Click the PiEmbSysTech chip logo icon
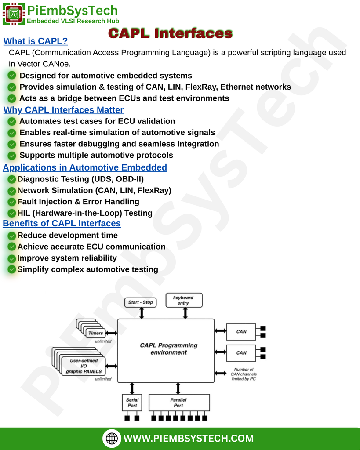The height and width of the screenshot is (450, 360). (x=14, y=14)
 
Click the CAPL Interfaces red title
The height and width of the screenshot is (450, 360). (x=170, y=33)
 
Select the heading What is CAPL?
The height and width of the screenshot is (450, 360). (x=36, y=41)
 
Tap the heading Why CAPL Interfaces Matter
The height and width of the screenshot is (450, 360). (x=63, y=110)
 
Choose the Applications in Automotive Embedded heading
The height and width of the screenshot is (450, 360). (x=85, y=167)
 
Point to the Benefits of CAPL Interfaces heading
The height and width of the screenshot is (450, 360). (x=62, y=223)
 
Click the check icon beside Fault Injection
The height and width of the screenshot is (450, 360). (x=12, y=202)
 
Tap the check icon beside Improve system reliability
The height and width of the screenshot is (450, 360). (x=12, y=258)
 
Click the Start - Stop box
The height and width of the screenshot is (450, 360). (x=141, y=302)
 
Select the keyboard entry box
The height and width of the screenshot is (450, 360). (x=183, y=300)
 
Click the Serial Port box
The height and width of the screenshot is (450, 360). (x=132, y=403)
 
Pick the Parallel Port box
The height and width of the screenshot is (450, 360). (x=178, y=403)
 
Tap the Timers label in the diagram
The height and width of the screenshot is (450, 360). (x=95, y=333)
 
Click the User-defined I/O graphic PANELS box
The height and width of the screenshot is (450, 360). (x=84, y=366)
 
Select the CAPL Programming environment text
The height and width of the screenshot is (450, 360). (x=168, y=348)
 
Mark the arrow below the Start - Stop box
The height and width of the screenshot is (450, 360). (x=141, y=313)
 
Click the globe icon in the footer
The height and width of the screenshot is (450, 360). (x=112, y=438)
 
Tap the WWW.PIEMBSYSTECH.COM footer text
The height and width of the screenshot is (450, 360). (x=189, y=438)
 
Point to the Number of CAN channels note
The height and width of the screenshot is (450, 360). (x=244, y=374)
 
